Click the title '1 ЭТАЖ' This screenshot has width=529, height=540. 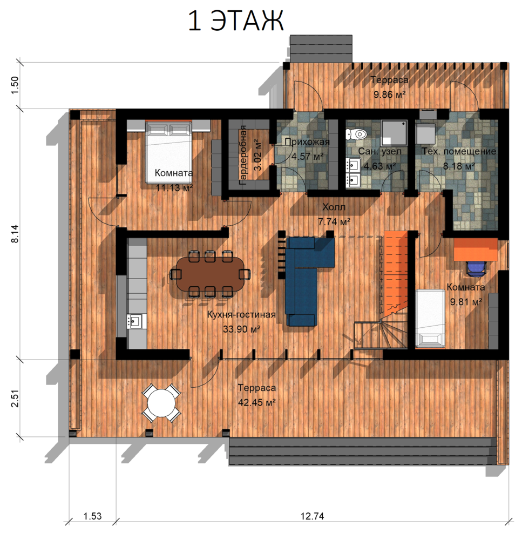pyautogui.click(x=236, y=21)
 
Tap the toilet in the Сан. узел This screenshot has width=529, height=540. pyautogui.click(x=356, y=133)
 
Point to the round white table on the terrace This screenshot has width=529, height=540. pyautogui.click(x=161, y=403)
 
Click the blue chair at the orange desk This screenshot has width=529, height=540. pyautogui.click(x=476, y=268)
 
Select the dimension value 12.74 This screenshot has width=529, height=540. pyautogui.click(x=312, y=516)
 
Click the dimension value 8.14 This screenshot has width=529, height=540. pyautogui.click(x=16, y=234)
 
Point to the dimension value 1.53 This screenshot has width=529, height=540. pyautogui.click(x=93, y=516)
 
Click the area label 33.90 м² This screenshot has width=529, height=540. pyautogui.click(x=241, y=329)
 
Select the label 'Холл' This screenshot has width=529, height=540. pyautogui.click(x=334, y=207)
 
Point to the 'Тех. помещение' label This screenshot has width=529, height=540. pyautogui.click(x=459, y=151)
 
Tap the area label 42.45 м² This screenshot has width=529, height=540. pyautogui.click(x=257, y=402)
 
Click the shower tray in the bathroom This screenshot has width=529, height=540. pyautogui.click(x=394, y=133)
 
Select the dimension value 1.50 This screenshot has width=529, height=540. pyautogui.click(x=16, y=85)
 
